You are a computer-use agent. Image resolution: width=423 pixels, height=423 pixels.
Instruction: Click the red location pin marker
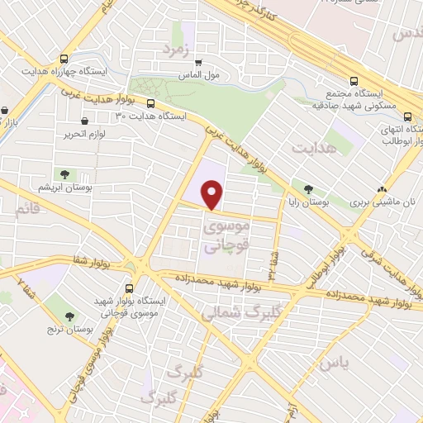pyautogui.click(x=212, y=195)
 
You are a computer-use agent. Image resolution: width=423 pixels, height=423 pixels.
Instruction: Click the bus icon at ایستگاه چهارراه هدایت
pyautogui.click(x=64, y=59)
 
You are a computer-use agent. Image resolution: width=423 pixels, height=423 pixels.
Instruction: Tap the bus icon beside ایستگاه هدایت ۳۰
pyautogui.click(x=150, y=103)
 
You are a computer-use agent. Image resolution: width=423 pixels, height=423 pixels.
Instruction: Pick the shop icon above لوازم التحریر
pyautogui.click(x=86, y=121)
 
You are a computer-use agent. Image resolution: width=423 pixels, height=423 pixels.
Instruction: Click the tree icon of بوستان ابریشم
pyautogui.click(x=64, y=173)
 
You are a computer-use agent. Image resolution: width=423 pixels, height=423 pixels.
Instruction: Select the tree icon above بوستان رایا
pyautogui.click(x=309, y=188)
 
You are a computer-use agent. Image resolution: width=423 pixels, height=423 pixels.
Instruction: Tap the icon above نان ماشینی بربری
pyautogui.click(x=381, y=188)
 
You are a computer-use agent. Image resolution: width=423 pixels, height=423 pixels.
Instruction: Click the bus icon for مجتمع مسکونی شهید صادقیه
pyautogui.click(x=354, y=82)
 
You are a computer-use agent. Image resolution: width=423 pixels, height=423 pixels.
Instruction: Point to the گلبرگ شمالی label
pyautogui.click(x=231, y=311)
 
